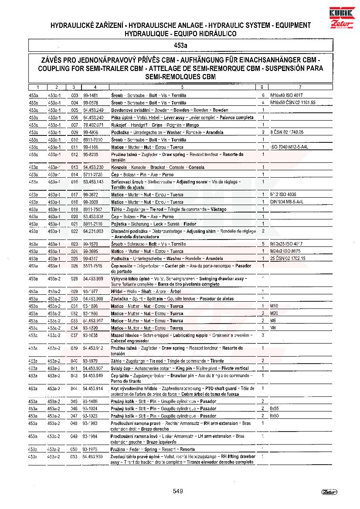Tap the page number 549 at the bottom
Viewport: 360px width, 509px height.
(178, 491)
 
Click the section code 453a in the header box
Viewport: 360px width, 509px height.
(180, 45)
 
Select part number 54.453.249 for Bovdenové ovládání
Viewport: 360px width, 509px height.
(93, 110)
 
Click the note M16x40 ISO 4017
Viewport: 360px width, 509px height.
(286, 95)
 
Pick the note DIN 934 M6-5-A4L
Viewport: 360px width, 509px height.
(286, 202)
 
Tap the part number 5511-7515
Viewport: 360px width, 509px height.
(92, 266)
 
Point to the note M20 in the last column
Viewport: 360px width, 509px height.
(274, 313)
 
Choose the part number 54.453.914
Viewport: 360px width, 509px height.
(93, 388)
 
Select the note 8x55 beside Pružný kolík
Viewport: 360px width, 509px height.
(274, 409)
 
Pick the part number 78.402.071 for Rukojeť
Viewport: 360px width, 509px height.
(93, 125)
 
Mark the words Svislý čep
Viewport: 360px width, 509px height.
(120, 368)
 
